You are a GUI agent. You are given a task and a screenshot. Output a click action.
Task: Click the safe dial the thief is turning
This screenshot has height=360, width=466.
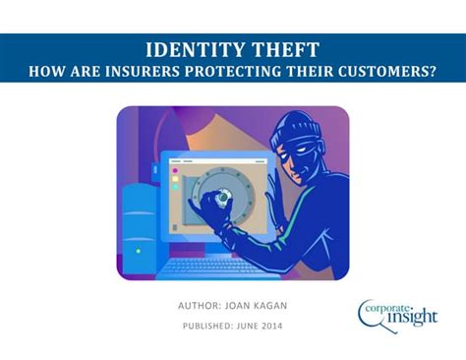(225, 196)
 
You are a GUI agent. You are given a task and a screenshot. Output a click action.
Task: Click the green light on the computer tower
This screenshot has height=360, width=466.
(139, 250)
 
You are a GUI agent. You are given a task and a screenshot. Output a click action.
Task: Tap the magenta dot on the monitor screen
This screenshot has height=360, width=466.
(175, 171)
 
